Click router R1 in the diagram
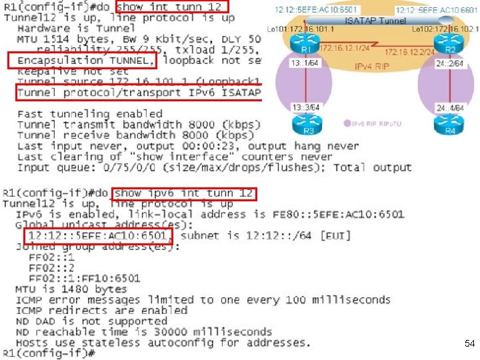tap(307, 48)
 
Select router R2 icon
tap(450, 48)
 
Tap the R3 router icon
tap(307, 124)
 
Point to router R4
tap(451, 124)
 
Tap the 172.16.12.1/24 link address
tap(344, 48)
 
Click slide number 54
tap(469, 343)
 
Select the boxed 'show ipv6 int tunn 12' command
tap(183, 193)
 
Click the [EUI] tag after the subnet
tap(336, 236)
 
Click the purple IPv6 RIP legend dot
tap(347, 123)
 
